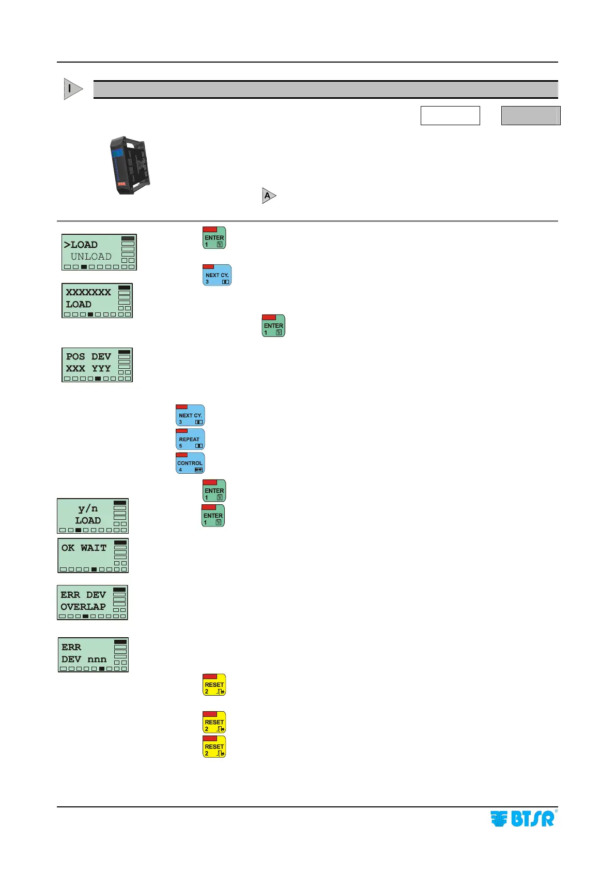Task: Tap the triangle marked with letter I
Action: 72,89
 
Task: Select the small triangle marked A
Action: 269,196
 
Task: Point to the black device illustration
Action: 130,165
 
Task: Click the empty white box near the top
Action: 450,115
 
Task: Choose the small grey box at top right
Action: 531,115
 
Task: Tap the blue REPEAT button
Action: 190,439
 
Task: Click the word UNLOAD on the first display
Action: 91,257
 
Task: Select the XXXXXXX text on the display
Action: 88,292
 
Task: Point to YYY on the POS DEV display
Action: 101,368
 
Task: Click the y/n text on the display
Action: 88,508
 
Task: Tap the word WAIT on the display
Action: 94,548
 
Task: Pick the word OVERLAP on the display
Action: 83,607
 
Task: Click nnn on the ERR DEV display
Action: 97,659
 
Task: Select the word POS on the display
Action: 75,356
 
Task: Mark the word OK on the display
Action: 68,548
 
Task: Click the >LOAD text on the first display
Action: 81,245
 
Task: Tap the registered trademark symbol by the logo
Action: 556,811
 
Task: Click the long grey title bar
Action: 326,89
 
